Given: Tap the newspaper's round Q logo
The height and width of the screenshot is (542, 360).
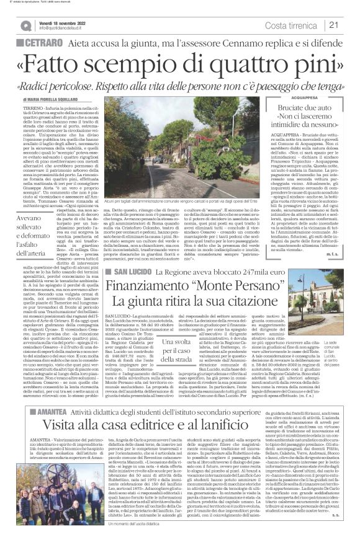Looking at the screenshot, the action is pyautogui.click(x=27, y=25).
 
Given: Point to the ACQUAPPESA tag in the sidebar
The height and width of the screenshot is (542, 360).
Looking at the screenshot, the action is pyautogui.click(x=315, y=97).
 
